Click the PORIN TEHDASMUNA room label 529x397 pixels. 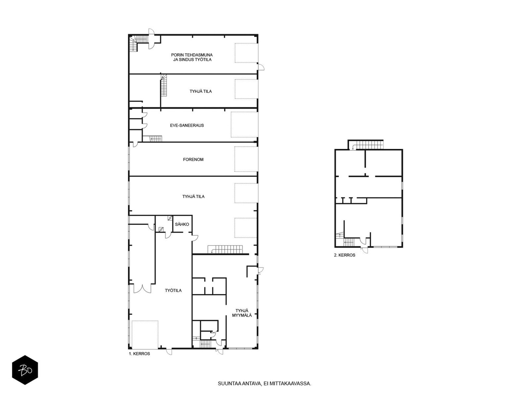(x=192, y=55)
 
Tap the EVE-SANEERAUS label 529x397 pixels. (x=187, y=125)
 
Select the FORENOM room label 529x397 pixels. (x=193, y=159)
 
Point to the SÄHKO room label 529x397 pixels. (x=182, y=224)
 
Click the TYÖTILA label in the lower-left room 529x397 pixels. (x=173, y=290)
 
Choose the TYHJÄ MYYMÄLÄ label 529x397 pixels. (x=242, y=313)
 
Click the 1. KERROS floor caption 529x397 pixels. (x=139, y=354)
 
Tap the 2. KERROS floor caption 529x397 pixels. (x=345, y=255)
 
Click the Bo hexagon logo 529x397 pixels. (x=25, y=370)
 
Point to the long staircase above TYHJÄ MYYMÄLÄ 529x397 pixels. (x=225, y=249)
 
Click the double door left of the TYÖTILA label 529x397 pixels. (x=142, y=289)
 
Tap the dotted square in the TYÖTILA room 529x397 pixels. (x=145, y=334)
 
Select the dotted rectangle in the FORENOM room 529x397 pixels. (x=246, y=159)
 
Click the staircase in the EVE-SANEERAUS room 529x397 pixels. (x=152, y=139)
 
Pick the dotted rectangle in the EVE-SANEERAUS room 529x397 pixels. (x=244, y=125)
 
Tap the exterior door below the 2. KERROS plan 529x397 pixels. (x=365, y=250)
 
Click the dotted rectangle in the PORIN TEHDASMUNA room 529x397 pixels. (x=246, y=53)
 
